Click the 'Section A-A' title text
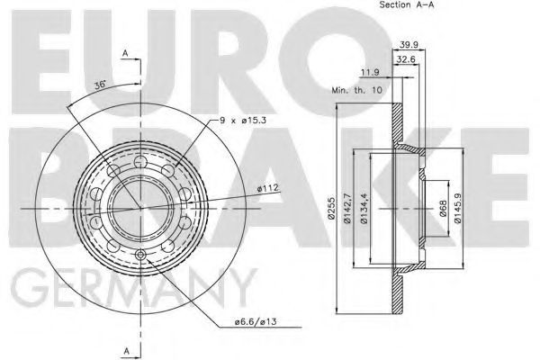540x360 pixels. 407,4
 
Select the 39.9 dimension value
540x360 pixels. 408,45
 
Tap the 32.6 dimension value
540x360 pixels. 406,59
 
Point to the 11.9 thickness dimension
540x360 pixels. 370,72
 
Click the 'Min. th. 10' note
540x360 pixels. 356,90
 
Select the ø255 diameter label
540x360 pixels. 331,208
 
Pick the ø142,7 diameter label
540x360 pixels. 347,209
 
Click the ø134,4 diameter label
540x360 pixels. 364,209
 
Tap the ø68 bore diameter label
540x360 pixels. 443,209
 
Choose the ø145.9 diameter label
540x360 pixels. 458,209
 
